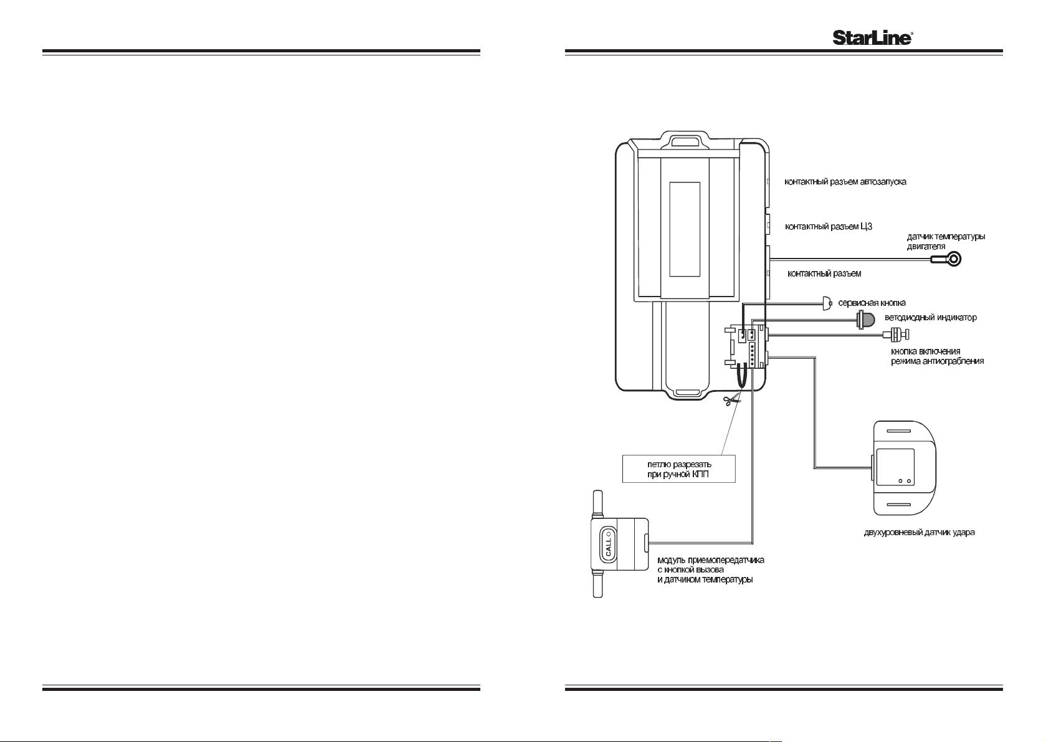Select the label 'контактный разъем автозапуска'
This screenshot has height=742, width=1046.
[845, 182]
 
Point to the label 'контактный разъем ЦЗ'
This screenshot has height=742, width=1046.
[829, 227]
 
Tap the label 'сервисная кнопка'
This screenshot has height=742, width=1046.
[872, 303]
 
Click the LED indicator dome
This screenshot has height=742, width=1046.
[866, 320]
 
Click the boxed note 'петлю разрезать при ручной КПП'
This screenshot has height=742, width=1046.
[679, 469]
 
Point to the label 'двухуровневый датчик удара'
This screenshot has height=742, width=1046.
[919, 532]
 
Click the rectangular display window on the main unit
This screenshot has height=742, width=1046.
[685, 229]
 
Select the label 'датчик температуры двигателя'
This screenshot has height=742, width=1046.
[946, 241]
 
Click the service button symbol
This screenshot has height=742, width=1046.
[827, 303]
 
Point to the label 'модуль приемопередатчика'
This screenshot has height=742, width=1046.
[711, 560]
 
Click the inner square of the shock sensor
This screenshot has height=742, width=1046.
[895, 467]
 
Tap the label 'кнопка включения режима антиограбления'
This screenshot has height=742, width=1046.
[937, 356]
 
